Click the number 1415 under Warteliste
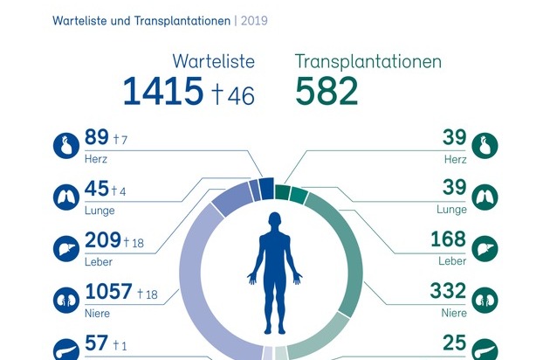click(162, 92)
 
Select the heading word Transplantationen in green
click(368, 62)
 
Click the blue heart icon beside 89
click(66, 145)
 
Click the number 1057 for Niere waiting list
click(108, 292)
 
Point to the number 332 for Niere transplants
click(446, 292)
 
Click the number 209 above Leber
click(102, 240)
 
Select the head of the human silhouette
click(275, 219)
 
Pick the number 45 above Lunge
click(96, 189)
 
